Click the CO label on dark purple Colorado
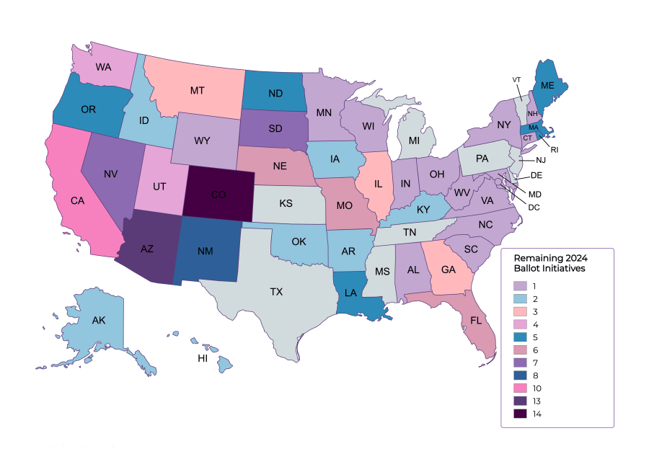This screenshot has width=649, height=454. click(218, 195)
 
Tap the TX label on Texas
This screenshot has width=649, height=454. click(276, 292)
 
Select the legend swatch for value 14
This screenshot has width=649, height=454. click(520, 414)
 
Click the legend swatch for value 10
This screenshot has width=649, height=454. click(520, 388)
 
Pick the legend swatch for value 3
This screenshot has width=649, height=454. click(520, 311)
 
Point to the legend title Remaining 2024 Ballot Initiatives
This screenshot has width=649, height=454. click(550, 263)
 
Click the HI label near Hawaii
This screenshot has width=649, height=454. click(203, 357)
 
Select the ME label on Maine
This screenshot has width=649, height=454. click(547, 85)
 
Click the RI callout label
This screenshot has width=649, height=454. click(554, 150)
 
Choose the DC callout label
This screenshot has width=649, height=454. click(534, 208)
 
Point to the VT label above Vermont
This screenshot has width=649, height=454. click(516, 79)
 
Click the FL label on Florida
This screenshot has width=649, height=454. click(476, 320)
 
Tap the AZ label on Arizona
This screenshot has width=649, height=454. click(146, 249)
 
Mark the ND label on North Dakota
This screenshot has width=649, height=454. click(275, 93)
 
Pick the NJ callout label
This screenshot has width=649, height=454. click(540, 160)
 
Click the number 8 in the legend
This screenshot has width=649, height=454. click(534, 375)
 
